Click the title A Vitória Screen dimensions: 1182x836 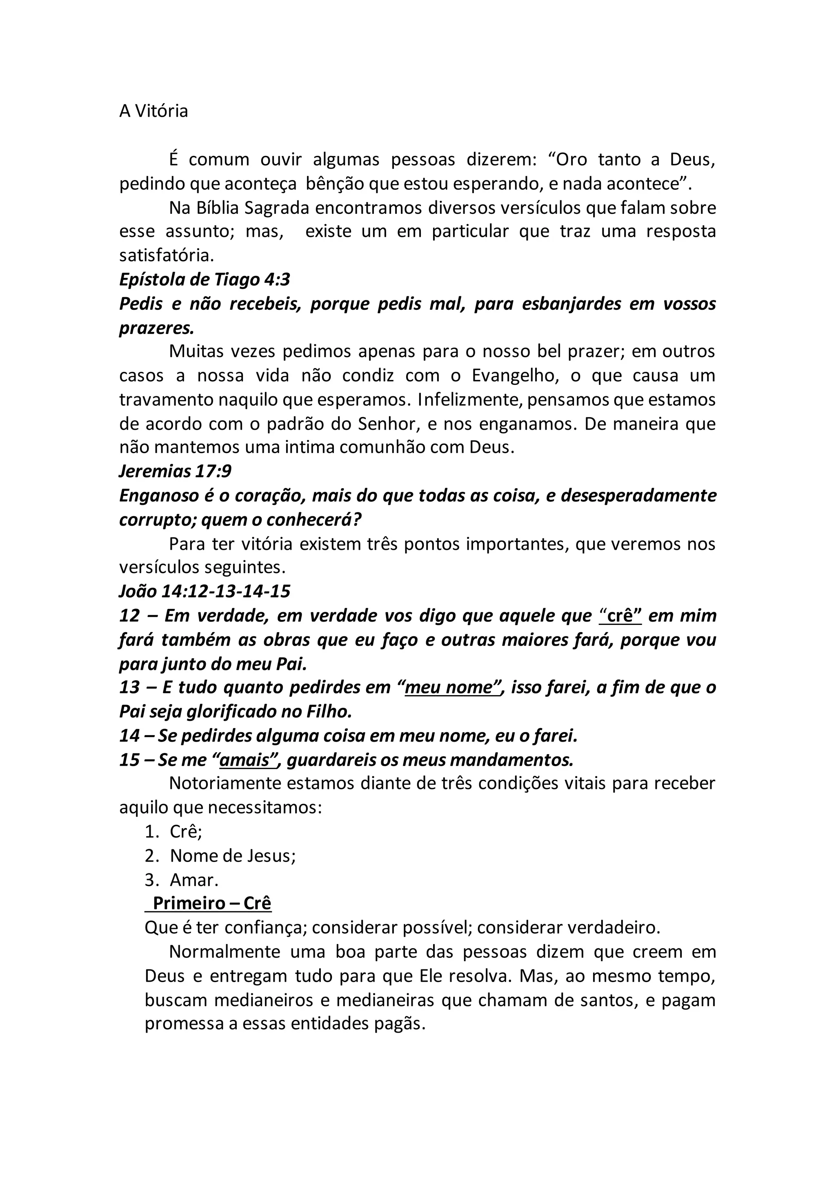point(153,111)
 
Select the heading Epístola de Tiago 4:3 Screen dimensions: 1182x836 point(205,280)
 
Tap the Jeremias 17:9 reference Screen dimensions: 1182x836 point(176,471)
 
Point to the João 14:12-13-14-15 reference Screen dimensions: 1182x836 point(205,591)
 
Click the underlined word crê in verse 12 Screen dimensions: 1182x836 point(620,616)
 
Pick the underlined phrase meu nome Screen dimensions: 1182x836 point(449,688)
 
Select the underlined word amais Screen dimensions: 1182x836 point(244,760)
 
